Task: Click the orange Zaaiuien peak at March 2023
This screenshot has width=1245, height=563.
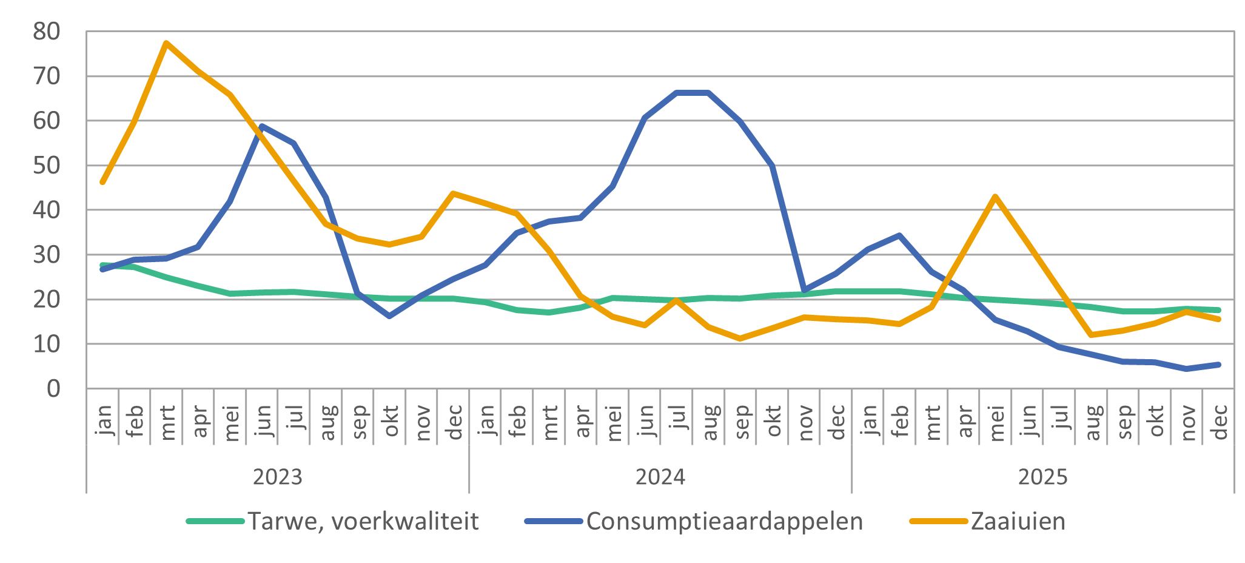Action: coord(166,43)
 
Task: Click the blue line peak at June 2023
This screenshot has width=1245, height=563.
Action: coord(261,126)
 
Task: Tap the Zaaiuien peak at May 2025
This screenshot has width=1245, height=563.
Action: coord(995,196)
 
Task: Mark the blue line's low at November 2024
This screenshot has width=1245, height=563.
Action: coord(804,291)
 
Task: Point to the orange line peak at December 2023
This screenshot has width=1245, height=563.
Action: coord(453,194)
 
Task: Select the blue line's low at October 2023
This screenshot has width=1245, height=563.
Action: coord(389,316)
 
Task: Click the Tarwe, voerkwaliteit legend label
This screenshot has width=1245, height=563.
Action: coord(363,521)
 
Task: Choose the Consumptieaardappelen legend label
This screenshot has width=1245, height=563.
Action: coord(724,521)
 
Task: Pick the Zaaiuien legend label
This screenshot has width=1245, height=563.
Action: coord(1018,521)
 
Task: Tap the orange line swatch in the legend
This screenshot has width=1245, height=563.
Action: coord(938,521)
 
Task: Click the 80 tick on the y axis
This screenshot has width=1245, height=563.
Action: coord(47,32)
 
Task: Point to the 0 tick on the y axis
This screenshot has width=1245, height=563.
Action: coord(53,388)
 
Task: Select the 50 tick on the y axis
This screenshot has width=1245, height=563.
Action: coord(47,166)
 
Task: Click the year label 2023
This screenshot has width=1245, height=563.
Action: coord(277,477)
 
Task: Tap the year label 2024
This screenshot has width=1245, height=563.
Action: coord(660,477)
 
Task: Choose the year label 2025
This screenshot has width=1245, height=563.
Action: coord(1042,477)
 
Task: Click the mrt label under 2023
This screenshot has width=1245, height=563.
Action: coord(167,422)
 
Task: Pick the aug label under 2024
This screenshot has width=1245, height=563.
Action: coord(709,422)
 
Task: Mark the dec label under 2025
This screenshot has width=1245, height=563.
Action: coord(1219,422)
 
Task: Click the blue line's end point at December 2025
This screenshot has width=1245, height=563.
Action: coord(1218,365)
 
